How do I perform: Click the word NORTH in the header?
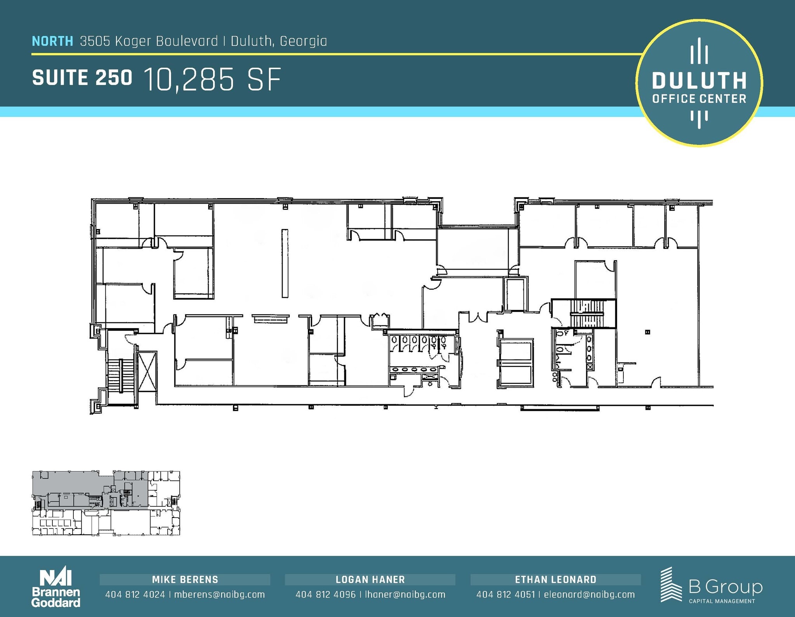click(x=52, y=41)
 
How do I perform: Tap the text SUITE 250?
click(x=82, y=78)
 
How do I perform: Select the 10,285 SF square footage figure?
click(x=212, y=80)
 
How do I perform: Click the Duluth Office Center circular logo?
click(x=699, y=83)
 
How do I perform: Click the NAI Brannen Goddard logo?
click(x=56, y=588)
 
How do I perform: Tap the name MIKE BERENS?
click(x=185, y=580)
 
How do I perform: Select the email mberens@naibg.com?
click(x=219, y=594)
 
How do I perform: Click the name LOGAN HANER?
click(x=370, y=580)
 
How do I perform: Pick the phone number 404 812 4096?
click(x=325, y=594)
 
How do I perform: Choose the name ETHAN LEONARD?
click(x=555, y=580)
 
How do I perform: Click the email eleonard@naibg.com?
click(x=589, y=594)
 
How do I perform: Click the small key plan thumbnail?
click(x=106, y=503)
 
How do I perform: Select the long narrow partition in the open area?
click(x=285, y=264)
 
